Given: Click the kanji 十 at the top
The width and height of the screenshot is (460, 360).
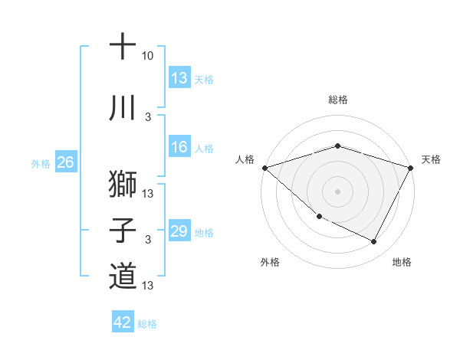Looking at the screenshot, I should (123, 47).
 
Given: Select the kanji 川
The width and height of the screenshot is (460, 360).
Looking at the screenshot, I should (123, 109).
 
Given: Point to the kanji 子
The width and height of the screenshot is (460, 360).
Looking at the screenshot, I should (123, 231).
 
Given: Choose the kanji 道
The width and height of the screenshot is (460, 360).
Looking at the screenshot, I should (123, 277).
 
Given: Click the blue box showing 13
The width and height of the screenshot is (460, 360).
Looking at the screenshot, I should (179, 78).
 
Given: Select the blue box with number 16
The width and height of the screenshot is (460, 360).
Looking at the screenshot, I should (179, 147).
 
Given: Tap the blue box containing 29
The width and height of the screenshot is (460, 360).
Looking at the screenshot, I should (179, 231).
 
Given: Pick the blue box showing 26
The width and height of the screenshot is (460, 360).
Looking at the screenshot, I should (66, 162).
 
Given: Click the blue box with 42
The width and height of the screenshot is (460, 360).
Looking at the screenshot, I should (123, 322).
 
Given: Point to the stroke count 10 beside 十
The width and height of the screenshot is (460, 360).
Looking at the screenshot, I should (148, 57).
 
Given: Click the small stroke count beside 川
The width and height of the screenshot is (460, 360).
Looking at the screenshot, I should (148, 117).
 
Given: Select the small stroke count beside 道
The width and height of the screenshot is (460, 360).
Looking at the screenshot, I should (149, 286).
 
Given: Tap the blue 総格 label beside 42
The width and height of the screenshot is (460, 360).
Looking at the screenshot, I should (147, 323).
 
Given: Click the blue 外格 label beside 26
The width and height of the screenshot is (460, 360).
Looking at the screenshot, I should (41, 163).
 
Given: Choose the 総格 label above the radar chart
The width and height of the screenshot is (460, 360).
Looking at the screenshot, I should (337, 100).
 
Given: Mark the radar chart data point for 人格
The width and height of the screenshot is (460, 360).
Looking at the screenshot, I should (264, 167).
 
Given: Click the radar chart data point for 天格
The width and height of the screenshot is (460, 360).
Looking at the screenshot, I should (410, 167).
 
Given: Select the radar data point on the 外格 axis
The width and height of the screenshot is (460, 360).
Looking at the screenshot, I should (319, 216).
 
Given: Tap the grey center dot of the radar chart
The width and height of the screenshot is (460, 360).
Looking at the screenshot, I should (337, 191).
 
